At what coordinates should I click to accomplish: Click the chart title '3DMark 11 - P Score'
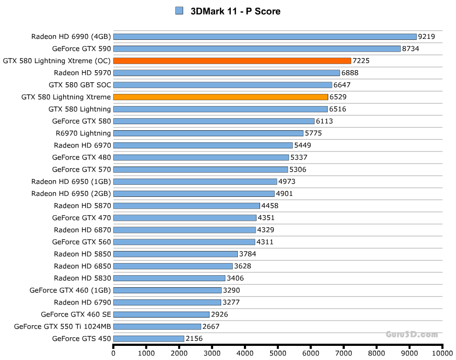[235, 11]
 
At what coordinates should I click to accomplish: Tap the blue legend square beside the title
[179, 11]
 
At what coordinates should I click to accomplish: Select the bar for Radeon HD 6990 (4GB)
[265, 36]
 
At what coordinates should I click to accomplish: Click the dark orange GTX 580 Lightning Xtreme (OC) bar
[232, 61]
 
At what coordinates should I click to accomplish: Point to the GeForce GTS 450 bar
[148, 338]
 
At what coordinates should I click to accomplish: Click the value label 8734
[411, 48]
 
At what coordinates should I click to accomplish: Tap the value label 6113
[324, 121]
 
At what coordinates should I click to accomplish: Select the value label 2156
[194, 338]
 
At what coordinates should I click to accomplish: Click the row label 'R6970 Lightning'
[83, 133]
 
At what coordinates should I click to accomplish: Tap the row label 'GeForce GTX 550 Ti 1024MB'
[63, 326]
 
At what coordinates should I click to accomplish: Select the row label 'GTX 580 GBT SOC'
[80, 85]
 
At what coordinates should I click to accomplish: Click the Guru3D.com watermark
[412, 334]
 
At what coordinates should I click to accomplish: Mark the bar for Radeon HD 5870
[186, 205]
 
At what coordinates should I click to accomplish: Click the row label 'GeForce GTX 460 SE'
[76, 314]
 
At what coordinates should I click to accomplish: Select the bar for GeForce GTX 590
[257, 48]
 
